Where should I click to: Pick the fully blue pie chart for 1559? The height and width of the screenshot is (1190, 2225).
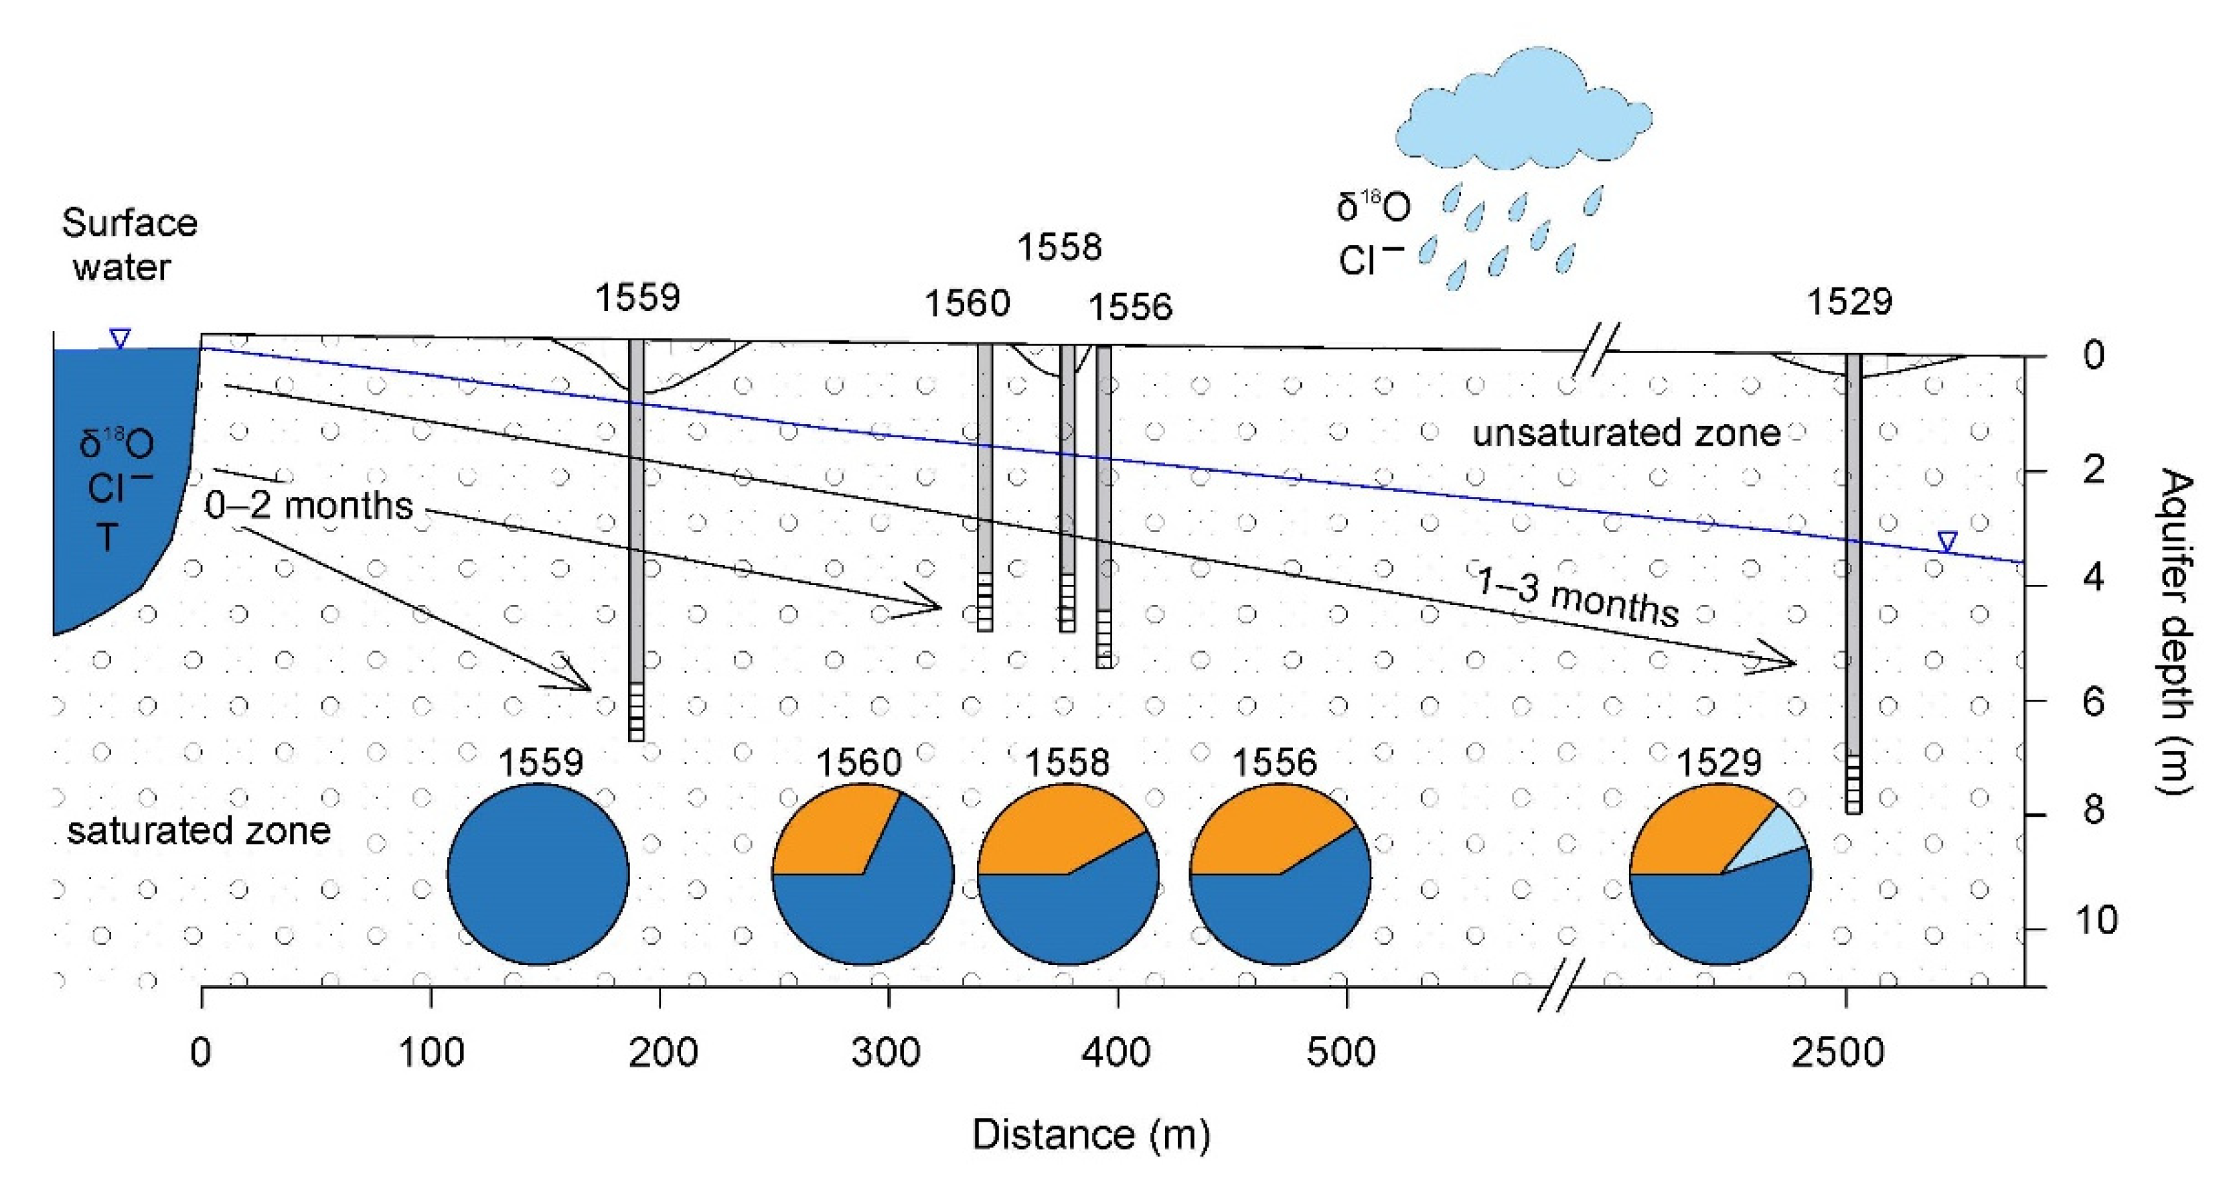click(x=537, y=874)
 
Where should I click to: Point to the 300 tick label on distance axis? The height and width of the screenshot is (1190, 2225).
click(x=887, y=1053)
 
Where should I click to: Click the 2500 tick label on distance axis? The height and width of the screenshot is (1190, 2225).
click(x=1837, y=1053)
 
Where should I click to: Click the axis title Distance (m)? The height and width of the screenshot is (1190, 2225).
click(x=1091, y=1134)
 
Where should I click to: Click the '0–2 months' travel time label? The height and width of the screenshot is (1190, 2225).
click(x=309, y=506)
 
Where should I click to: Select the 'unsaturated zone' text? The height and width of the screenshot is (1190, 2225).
click(x=1626, y=433)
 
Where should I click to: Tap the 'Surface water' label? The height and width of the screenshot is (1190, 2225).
click(x=128, y=245)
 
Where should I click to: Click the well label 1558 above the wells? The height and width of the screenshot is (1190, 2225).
click(x=1059, y=248)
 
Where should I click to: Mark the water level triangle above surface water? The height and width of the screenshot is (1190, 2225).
click(x=120, y=338)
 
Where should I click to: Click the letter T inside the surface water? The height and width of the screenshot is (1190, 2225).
click(x=106, y=537)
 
